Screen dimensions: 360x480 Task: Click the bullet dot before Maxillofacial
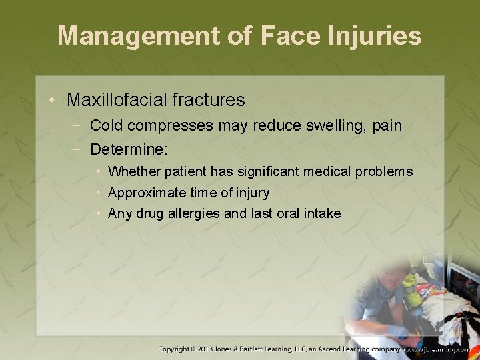51,101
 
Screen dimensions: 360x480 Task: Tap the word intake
323,214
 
